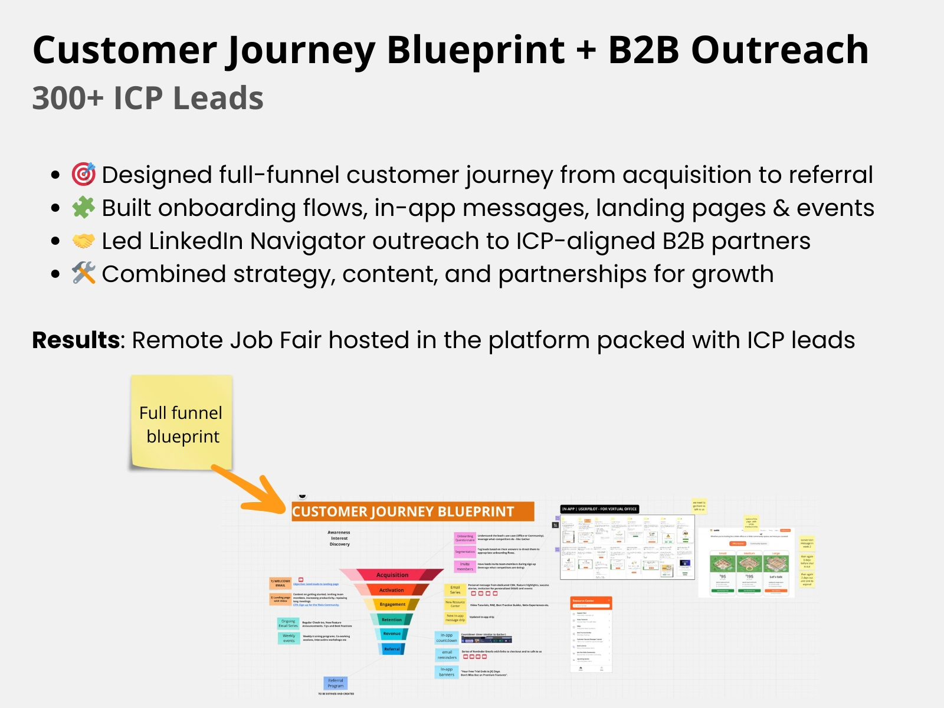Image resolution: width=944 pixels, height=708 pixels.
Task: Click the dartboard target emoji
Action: [84, 174]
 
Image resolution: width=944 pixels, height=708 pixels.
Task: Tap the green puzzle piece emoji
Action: [84, 207]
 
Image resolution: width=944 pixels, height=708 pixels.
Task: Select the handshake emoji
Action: [84, 241]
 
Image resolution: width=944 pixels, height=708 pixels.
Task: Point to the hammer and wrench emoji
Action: [84, 273]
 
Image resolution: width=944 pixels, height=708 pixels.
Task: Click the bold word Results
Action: [76, 340]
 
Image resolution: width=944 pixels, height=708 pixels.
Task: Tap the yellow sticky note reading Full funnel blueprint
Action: [181, 422]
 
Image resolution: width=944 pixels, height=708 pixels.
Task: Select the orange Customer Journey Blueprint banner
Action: [412, 512]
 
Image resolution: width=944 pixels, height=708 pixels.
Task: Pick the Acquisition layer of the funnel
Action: [392, 575]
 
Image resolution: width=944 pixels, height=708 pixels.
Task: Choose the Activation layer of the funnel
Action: [392, 589]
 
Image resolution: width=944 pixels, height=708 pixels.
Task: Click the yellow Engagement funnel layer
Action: [392, 604]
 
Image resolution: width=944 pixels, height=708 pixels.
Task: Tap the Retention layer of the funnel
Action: [392, 619]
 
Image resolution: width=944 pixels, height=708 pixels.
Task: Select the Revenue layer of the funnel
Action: [392, 634]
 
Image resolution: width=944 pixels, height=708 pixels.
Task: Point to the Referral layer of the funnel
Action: [392, 649]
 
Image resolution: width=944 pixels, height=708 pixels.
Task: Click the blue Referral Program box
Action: [336, 683]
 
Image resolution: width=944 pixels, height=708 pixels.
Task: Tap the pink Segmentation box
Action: [465, 552]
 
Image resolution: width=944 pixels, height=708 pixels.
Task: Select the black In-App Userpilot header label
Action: [599, 509]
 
